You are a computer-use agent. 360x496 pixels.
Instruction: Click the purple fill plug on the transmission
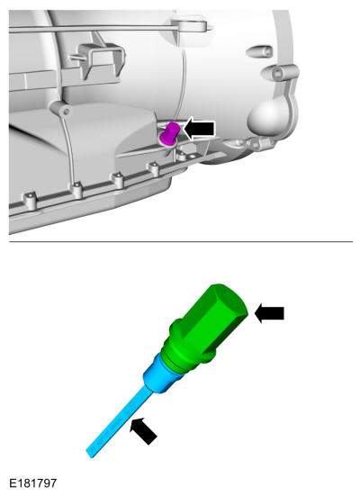pyautogui.click(x=170, y=134)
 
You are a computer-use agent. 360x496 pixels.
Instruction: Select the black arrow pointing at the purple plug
pyautogui.click(x=199, y=129)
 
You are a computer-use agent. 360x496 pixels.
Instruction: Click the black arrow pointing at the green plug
pyautogui.click(x=269, y=313)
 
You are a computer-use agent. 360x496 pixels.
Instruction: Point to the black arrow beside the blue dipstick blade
pyautogui.click(x=143, y=430)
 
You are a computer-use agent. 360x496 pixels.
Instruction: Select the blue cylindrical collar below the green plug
pyautogui.click(x=160, y=374)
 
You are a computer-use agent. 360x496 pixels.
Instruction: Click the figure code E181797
pyautogui.click(x=33, y=483)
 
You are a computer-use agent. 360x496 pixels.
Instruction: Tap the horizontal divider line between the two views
pyautogui.click(x=181, y=241)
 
